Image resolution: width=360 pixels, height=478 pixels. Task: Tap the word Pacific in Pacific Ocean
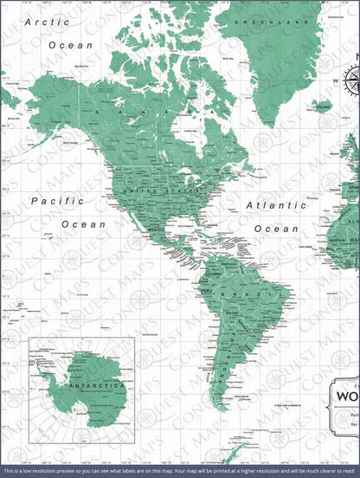(57, 201)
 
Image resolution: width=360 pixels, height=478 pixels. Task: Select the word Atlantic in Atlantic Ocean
(275, 206)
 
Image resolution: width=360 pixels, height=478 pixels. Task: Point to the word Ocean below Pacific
(83, 223)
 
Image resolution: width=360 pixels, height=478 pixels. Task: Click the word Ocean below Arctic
(71, 43)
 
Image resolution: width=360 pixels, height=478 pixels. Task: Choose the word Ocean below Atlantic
(276, 229)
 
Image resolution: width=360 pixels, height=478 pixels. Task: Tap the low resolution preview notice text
(180, 470)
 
